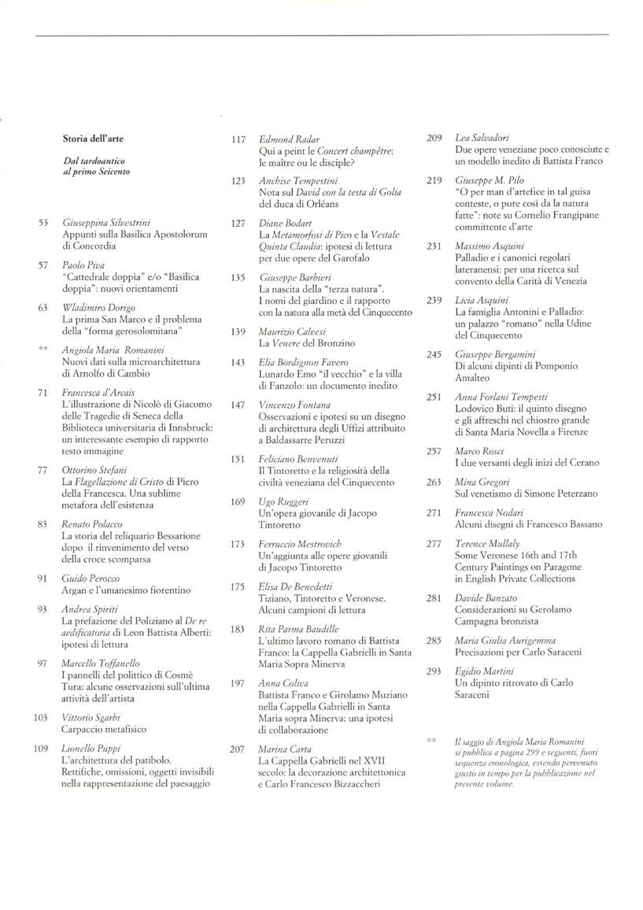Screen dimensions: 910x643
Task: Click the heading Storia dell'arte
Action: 93,139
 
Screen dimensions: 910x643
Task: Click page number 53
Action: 44,224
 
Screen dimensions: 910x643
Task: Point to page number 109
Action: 42,748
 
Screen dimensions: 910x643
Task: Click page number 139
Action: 238,332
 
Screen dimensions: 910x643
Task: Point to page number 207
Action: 238,750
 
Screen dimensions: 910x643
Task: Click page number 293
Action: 434,671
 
